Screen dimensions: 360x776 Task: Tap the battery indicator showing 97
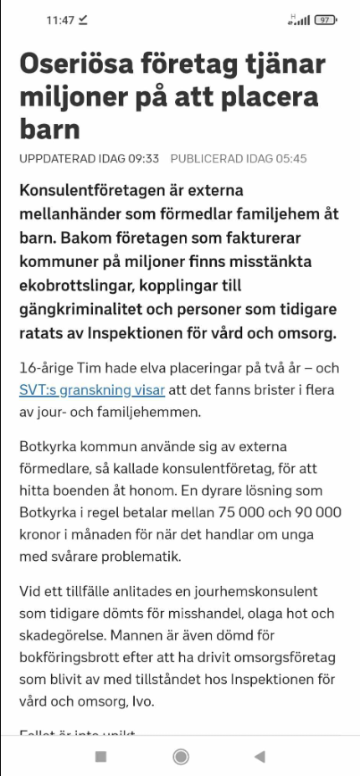tap(324, 20)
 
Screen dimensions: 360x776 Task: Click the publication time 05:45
tap(287, 157)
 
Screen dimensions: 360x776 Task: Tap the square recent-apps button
tap(100, 756)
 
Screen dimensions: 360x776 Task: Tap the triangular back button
tap(259, 756)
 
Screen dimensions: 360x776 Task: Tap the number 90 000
tap(306, 511)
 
